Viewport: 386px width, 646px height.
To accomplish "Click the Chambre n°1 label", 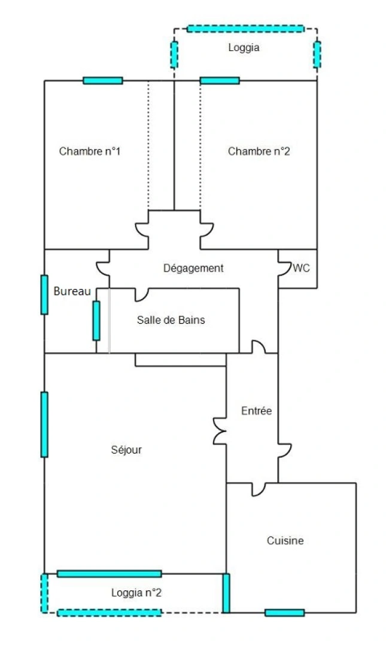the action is coord(90,151).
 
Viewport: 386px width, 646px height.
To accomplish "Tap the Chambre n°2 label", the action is coord(259,151).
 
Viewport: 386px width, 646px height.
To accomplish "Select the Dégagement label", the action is coord(193,268).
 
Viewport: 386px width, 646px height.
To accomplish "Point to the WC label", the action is coord(301,268).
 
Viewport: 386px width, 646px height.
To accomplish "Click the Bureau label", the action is coord(72,291).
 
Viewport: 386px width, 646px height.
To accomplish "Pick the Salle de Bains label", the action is coord(171,319).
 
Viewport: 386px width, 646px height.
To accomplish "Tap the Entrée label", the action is coord(257,411).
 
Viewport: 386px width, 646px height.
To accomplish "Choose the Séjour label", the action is coord(126,449).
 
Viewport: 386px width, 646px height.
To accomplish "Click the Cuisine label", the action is coord(285,541).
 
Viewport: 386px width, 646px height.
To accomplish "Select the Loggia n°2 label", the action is coord(136,593).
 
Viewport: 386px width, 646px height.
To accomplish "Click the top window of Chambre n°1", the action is coord(103,80).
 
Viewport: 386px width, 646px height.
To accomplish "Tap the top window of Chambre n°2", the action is coord(220,80).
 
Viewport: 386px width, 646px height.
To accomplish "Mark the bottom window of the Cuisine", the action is coord(284,613).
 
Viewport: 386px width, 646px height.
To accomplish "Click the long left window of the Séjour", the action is coord(44,424).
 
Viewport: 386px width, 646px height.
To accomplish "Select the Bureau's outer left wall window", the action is coord(44,294).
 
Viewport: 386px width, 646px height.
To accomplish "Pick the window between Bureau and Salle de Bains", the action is coord(96,321).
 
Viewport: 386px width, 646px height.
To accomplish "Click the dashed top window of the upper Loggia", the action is coord(245,29).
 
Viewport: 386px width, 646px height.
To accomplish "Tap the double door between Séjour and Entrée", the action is coord(220,431).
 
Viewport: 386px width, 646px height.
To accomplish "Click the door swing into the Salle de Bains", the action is coord(141,294).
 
